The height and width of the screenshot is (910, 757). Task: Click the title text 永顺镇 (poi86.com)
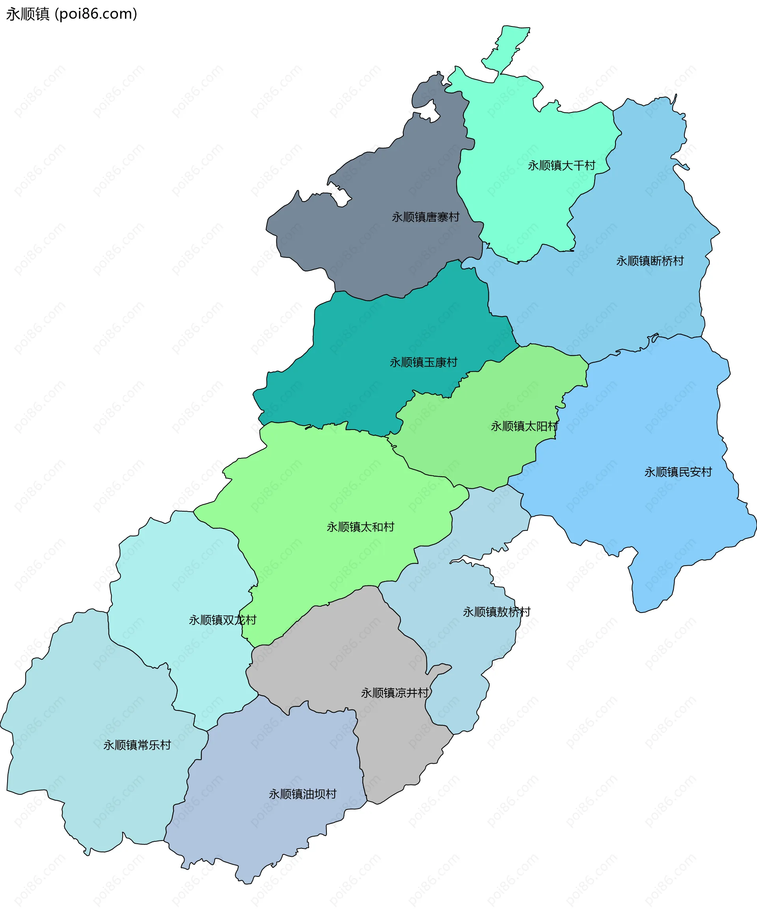(x=71, y=14)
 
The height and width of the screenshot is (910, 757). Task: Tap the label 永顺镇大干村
(x=561, y=166)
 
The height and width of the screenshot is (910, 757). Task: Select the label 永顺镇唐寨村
(x=425, y=217)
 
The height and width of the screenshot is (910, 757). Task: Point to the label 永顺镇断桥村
(x=650, y=261)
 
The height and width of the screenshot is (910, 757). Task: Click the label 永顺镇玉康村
(x=423, y=362)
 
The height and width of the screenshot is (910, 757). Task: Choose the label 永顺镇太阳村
(x=524, y=426)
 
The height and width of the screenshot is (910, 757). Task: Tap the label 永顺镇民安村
(x=678, y=472)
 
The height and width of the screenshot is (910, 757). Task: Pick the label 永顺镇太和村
(x=360, y=527)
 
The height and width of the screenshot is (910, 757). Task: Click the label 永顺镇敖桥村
(x=496, y=612)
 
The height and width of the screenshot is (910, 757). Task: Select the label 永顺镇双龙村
(x=223, y=620)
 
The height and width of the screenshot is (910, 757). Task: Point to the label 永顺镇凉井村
(x=395, y=693)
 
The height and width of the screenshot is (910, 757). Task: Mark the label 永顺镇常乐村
(x=137, y=745)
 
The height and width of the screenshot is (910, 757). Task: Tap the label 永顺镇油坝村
(x=302, y=794)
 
